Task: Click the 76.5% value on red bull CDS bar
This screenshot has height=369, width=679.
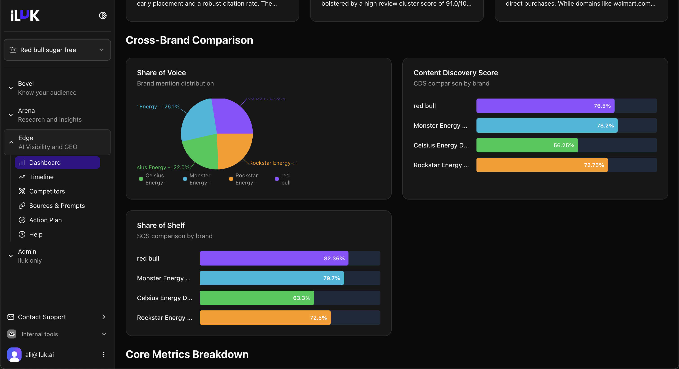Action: pyautogui.click(x=602, y=106)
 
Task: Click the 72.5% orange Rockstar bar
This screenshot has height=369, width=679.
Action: pyautogui.click(x=265, y=318)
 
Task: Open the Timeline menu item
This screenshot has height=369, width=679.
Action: pyautogui.click(x=41, y=177)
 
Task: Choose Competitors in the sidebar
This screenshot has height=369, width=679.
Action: pyautogui.click(x=47, y=191)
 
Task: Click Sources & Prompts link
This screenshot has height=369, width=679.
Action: pyautogui.click(x=57, y=206)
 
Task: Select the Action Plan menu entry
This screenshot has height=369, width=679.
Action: pyautogui.click(x=45, y=220)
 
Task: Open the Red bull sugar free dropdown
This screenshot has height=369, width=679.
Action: pyautogui.click(x=57, y=50)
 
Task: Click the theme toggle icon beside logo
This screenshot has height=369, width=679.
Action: pyautogui.click(x=103, y=15)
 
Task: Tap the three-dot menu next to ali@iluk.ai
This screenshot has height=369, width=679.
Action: pyautogui.click(x=104, y=354)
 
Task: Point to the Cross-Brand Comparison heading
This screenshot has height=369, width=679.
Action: pyautogui.click(x=189, y=40)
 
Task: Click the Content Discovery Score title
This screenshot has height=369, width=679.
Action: pyautogui.click(x=456, y=73)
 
